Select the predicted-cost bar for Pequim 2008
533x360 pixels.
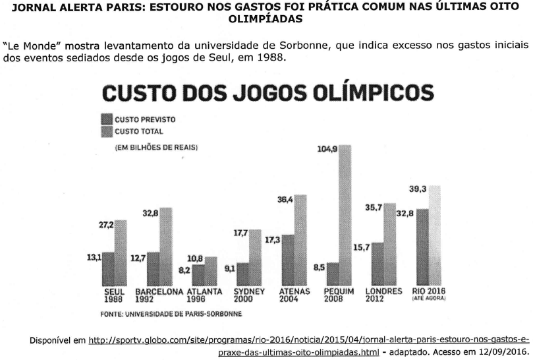(332, 274)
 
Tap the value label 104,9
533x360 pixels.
(327, 150)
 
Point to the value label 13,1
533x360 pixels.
(94, 257)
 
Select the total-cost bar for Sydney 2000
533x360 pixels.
(256, 256)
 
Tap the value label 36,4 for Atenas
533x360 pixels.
(285, 200)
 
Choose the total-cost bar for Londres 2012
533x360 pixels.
(389, 244)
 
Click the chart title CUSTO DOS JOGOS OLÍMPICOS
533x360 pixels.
(267, 92)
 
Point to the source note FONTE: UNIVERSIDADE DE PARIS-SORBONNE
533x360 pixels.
(171, 314)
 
